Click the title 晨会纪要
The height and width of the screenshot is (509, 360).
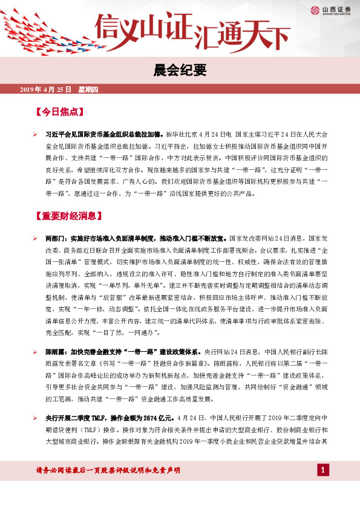pyautogui.click(x=180, y=71)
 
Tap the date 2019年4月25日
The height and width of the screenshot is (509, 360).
pyautogui.click(x=47, y=89)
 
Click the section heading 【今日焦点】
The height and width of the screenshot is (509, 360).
pyautogui.click(x=59, y=112)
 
